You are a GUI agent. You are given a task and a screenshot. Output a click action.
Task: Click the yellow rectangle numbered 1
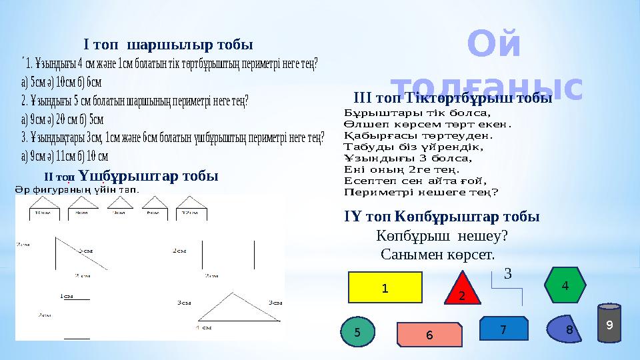(x=385, y=287)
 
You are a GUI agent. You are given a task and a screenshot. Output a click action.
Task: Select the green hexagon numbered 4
(x=565, y=284)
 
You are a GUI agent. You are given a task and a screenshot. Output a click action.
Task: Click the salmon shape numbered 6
(x=429, y=335)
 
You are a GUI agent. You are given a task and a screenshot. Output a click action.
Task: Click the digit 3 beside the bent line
(x=508, y=273)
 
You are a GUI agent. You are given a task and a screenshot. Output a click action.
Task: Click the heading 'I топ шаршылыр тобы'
(x=168, y=45)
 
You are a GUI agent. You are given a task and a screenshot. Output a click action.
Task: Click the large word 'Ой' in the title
(x=494, y=45)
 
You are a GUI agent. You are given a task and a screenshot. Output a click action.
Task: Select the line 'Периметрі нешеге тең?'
(x=421, y=192)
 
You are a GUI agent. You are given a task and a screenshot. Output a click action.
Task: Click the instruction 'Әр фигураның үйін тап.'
(x=77, y=189)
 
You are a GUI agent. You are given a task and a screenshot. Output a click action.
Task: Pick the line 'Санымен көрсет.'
(x=437, y=254)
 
